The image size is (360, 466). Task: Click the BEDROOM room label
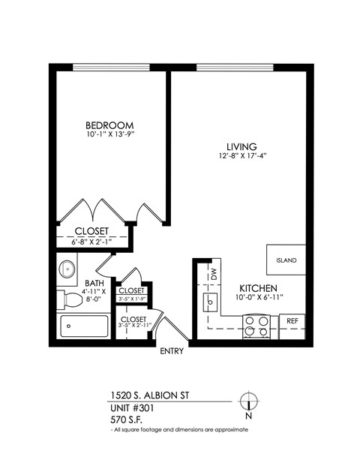[x=109, y=125]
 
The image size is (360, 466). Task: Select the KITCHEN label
[x=259, y=289]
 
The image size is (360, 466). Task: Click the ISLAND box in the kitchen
[x=286, y=260]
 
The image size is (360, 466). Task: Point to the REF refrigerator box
[x=293, y=321]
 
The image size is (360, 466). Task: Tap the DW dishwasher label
[x=213, y=274]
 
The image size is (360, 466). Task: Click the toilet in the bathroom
[x=72, y=299]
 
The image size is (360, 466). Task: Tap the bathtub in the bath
[x=84, y=328]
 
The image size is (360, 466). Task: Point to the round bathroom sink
[x=67, y=267]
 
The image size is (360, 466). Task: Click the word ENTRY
[x=172, y=352]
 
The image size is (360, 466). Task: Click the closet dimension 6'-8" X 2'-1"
[x=91, y=242]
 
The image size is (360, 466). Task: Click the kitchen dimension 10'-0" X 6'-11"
[x=259, y=299]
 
